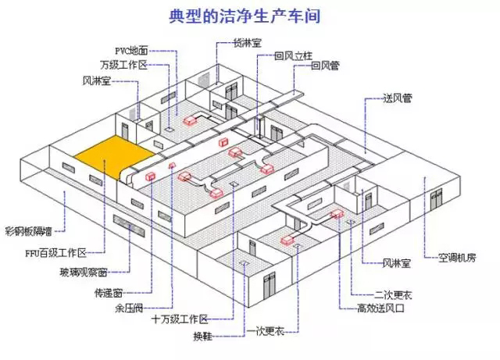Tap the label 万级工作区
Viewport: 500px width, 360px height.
click(x=124, y=65)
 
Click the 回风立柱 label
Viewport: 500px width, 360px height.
click(x=294, y=56)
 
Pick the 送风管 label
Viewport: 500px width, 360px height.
click(x=398, y=99)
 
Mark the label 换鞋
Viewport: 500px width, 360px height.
click(x=202, y=336)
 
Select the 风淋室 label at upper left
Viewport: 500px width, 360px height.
click(x=98, y=80)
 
